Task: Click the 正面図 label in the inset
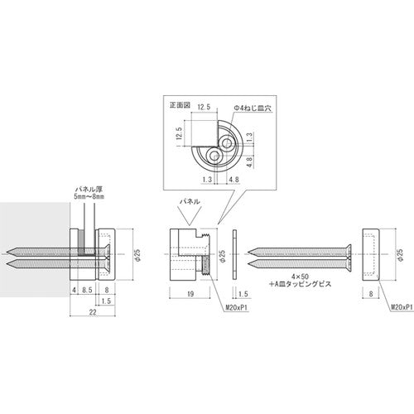pyautogui.click(x=180, y=105)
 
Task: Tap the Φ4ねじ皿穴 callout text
pyautogui.click(x=253, y=108)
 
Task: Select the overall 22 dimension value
pyautogui.click(x=93, y=312)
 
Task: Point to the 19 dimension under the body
pyautogui.click(x=190, y=294)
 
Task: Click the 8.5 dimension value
pyautogui.click(x=87, y=290)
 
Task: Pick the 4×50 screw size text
pyautogui.click(x=301, y=277)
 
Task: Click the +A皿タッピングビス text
pyautogui.click(x=301, y=284)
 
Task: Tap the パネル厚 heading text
pyautogui.click(x=89, y=190)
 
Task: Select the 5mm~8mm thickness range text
pyautogui.click(x=89, y=197)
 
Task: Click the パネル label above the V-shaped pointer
pyautogui.click(x=190, y=201)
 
